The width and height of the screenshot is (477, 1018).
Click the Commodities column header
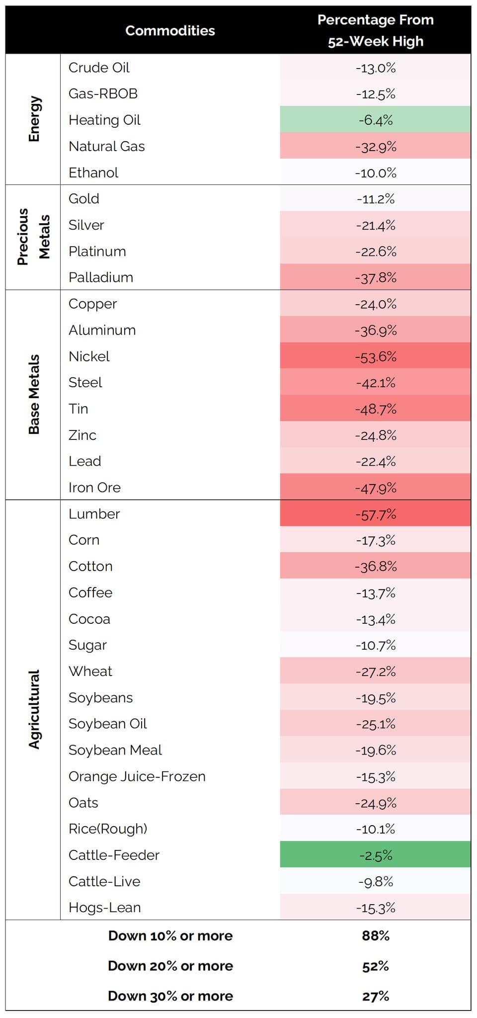[x=170, y=31]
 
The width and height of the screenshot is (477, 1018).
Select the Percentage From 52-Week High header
[x=376, y=30]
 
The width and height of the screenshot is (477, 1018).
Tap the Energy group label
[x=34, y=119]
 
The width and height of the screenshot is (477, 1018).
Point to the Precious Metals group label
[x=34, y=237]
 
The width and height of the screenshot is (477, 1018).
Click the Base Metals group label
[x=34, y=394]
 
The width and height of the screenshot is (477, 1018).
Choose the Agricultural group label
[x=34, y=709]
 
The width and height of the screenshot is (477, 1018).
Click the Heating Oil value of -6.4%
[x=376, y=120]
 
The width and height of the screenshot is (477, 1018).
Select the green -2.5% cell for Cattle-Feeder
[x=376, y=855]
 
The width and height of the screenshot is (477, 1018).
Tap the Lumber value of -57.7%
[x=376, y=514]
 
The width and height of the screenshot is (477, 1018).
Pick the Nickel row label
[x=89, y=356]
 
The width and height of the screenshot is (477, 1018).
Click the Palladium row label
[x=101, y=277]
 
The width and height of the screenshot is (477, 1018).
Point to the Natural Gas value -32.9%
[x=376, y=147]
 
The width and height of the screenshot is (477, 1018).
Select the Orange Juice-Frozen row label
[x=137, y=776]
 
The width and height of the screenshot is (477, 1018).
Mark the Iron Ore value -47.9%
[x=376, y=488]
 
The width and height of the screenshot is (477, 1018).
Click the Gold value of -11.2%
[x=376, y=199]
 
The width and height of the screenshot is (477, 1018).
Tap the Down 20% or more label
[x=170, y=966]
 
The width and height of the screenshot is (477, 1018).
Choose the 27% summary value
[x=376, y=996]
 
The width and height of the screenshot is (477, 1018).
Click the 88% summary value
[x=376, y=936]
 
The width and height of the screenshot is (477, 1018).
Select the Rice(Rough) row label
[x=108, y=829]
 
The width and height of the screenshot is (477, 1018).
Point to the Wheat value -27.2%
[x=376, y=672]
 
